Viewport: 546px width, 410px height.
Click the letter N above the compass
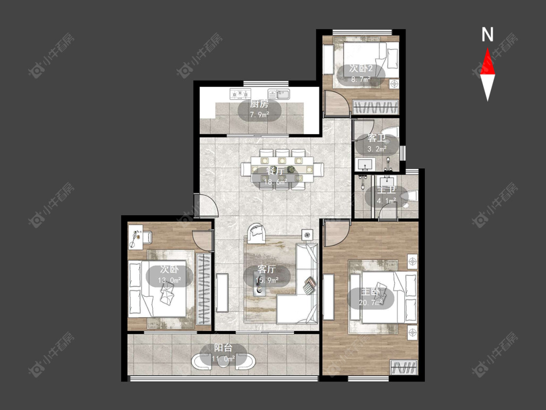point(487,34)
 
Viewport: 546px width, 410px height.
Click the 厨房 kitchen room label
point(260,104)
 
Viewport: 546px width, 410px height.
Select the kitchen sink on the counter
point(279,94)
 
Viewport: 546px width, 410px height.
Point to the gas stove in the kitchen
point(240,94)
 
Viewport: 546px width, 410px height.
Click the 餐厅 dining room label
point(275,171)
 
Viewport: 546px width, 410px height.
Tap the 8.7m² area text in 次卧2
point(361,79)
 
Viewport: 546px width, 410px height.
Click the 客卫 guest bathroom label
point(377,138)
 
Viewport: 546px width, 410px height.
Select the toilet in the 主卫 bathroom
point(410,196)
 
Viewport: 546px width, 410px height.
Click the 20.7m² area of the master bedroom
point(370,302)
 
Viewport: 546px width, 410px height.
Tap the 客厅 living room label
point(267,269)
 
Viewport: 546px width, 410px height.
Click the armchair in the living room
point(256,233)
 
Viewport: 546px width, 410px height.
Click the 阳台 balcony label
point(223,348)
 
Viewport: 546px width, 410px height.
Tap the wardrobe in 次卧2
point(375,107)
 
